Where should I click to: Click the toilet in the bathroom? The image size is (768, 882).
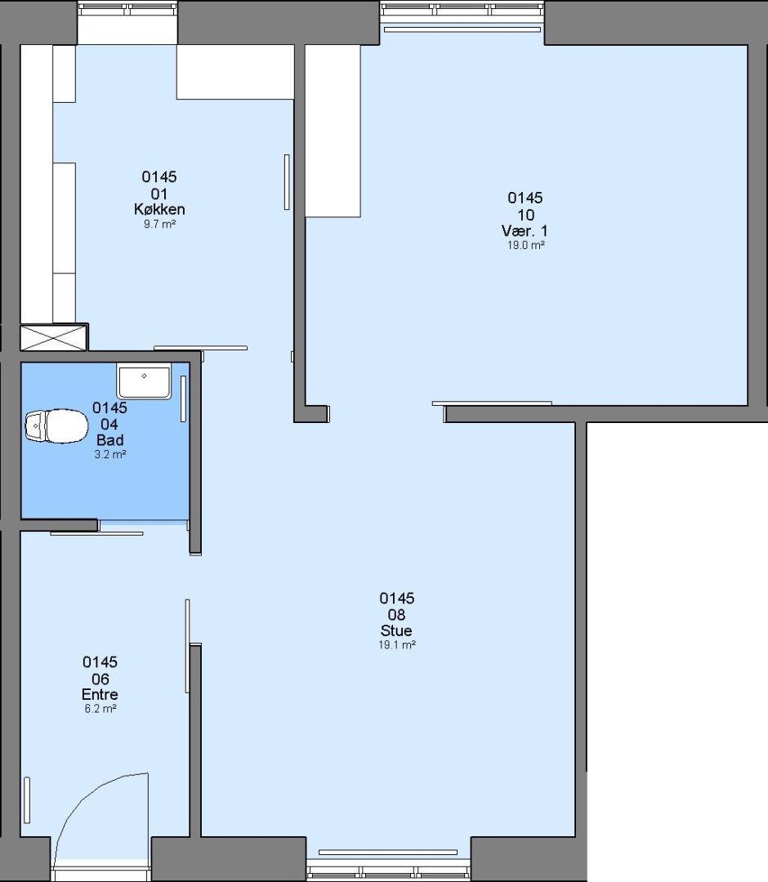coord(56,425)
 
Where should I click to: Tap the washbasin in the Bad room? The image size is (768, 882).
coord(144,381)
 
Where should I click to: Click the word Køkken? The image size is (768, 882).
coord(159,209)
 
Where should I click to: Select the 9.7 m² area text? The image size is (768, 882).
coord(159,224)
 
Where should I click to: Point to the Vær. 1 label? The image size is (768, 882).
coord(525,230)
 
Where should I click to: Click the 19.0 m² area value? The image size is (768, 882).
coord(525,245)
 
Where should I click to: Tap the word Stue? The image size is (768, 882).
coord(396,630)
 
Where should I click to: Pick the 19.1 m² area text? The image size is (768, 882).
coord(396,645)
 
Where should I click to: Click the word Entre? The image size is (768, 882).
coord(100,694)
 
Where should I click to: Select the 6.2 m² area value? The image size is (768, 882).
coord(100,709)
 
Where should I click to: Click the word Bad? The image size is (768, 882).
coord(109,440)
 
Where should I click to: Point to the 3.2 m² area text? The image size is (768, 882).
coord(109,455)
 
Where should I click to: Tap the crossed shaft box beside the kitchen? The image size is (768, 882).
coord(54,337)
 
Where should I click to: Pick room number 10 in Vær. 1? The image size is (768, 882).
coord(525,215)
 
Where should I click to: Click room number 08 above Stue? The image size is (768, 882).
coord(396,615)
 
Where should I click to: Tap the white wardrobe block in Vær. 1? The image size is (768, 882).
coord(333,131)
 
